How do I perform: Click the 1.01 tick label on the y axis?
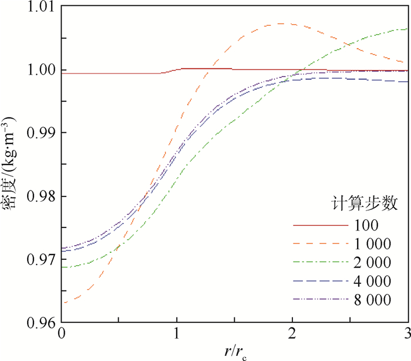[x=38, y=8]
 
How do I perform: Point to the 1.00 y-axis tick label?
[x=38, y=70]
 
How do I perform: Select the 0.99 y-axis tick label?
[x=38, y=133]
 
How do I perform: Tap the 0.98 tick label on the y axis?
[x=38, y=196]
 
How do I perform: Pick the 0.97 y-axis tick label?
[x=38, y=259]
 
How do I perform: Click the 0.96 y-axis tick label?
[x=38, y=322]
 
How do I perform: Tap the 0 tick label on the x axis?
[x=61, y=335]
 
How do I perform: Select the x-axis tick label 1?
[x=177, y=335]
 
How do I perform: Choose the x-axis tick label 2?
[x=292, y=335]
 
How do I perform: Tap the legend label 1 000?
[x=372, y=243]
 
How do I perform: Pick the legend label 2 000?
[x=372, y=262]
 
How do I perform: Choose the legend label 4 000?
[x=372, y=280]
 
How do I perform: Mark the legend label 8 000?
[x=372, y=299]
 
